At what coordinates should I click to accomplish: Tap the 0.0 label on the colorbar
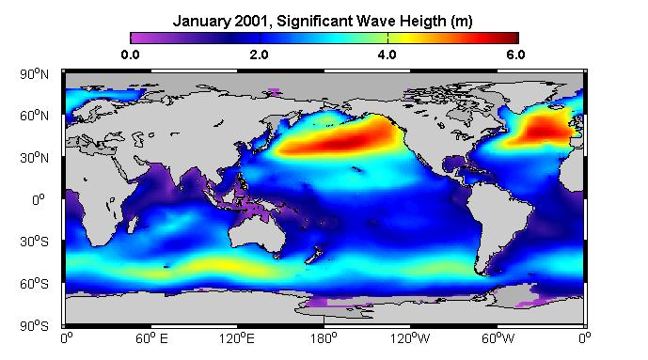click(130, 55)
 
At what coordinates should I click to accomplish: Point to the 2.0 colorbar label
click(259, 55)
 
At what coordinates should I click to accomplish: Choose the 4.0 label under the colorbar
click(387, 55)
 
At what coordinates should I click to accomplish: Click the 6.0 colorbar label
click(515, 55)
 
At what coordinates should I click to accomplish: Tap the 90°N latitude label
click(34, 74)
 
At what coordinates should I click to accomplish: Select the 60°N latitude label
click(34, 116)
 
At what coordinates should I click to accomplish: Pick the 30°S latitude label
click(34, 242)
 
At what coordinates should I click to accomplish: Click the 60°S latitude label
click(34, 284)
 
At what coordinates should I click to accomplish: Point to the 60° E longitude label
click(151, 339)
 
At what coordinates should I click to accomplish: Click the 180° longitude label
click(324, 339)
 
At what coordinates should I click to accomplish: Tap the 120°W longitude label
click(410, 339)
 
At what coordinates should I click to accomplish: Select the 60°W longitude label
click(498, 339)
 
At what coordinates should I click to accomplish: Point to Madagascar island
click(133, 226)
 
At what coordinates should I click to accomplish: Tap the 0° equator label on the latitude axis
click(38, 200)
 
